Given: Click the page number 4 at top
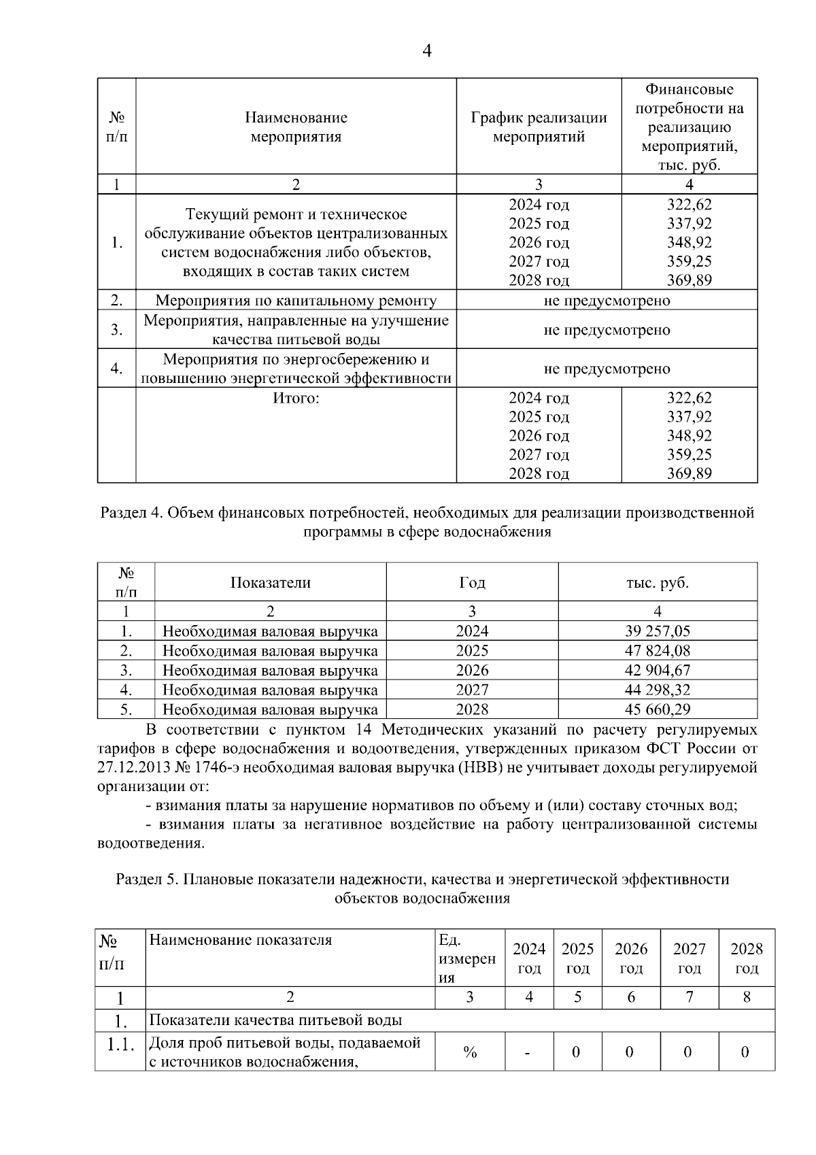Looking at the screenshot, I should [427, 51].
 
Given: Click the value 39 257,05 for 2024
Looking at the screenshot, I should [657, 631].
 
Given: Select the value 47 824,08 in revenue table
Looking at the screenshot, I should [657, 650].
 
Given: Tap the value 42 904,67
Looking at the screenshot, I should [657, 670].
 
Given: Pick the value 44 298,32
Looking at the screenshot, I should [657, 690].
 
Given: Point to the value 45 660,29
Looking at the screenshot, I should [657, 709].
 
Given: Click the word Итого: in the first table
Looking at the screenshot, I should [296, 398].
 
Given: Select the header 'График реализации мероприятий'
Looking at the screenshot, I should [539, 127].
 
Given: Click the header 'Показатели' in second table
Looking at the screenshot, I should [270, 582].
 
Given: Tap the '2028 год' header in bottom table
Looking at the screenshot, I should [746, 958].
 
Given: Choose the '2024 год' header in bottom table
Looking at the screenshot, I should [529, 958].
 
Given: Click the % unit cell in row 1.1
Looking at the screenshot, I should [469, 1052].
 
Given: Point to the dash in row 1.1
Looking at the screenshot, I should [528, 1053].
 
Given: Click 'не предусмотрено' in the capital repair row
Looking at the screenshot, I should [607, 300].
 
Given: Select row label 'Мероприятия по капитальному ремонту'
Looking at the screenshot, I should [296, 300].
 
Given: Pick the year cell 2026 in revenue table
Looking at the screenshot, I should [472, 670].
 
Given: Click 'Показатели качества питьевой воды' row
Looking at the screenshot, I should [275, 1020].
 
